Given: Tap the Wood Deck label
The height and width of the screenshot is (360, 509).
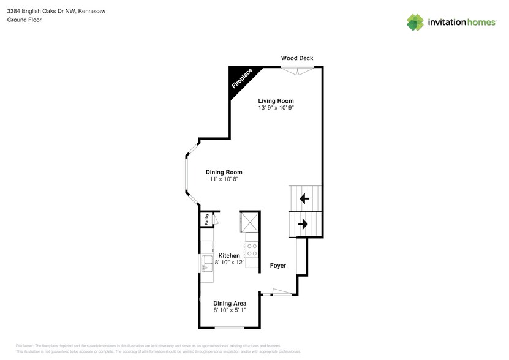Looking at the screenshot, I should (x=297, y=58).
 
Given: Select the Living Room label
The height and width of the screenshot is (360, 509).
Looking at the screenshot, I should (x=276, y=101).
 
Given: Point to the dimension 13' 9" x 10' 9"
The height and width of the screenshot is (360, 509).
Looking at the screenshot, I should (x=276, y=108).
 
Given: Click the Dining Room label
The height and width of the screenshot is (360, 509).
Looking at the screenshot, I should (x=224, y=172).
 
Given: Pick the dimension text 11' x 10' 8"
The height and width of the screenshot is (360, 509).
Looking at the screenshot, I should (x=224, y=179).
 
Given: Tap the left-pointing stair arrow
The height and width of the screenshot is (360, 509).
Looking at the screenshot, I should (x=304, y=198).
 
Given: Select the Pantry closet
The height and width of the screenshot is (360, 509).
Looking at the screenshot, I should (x=206, y=219).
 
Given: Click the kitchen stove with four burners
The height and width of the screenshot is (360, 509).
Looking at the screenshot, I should (x=251, y=249).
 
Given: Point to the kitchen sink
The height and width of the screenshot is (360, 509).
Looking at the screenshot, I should (x=206, y=264).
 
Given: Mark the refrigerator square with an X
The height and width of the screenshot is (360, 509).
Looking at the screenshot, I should (x=249, y=222).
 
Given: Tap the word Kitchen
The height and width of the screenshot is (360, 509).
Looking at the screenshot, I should (x=229, y=255).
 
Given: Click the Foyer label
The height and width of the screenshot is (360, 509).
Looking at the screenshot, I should (x=278, y=266).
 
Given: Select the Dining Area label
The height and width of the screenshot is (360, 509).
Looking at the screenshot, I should (x=230, y=303).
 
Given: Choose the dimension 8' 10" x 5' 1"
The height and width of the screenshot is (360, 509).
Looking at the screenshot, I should (x=230, y=310).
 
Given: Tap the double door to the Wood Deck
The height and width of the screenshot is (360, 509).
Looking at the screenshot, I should (x=297, y=69).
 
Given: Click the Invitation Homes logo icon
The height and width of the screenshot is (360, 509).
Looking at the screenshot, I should (x=416, y=23).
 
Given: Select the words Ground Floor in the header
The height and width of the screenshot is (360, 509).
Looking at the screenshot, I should (x=25, y=20).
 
